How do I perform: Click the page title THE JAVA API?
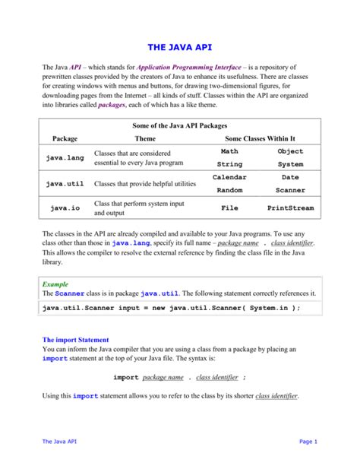(179, 46)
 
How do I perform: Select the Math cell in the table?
(229, 151)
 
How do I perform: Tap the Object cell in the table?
(290, 151)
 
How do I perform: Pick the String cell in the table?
(229, 164)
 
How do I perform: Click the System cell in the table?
(290, 164)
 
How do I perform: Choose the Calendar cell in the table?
(229, 177)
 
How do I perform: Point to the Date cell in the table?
(290, 177)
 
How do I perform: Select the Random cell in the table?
(229, 190)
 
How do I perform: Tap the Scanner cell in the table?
(290, 190)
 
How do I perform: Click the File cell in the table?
(229, 208)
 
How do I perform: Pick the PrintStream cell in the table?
(290, 208)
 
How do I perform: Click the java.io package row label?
(65, 208)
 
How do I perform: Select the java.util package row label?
(65, 183)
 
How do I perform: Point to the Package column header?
(65, 139)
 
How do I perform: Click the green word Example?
(55, 283)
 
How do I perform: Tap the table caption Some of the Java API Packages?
(180, 125)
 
